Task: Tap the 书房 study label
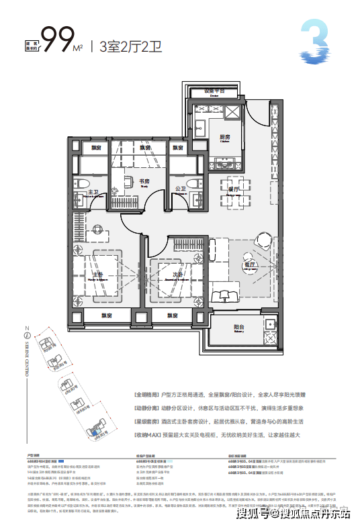144,181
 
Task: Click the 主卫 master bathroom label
93,192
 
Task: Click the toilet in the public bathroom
195,186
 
